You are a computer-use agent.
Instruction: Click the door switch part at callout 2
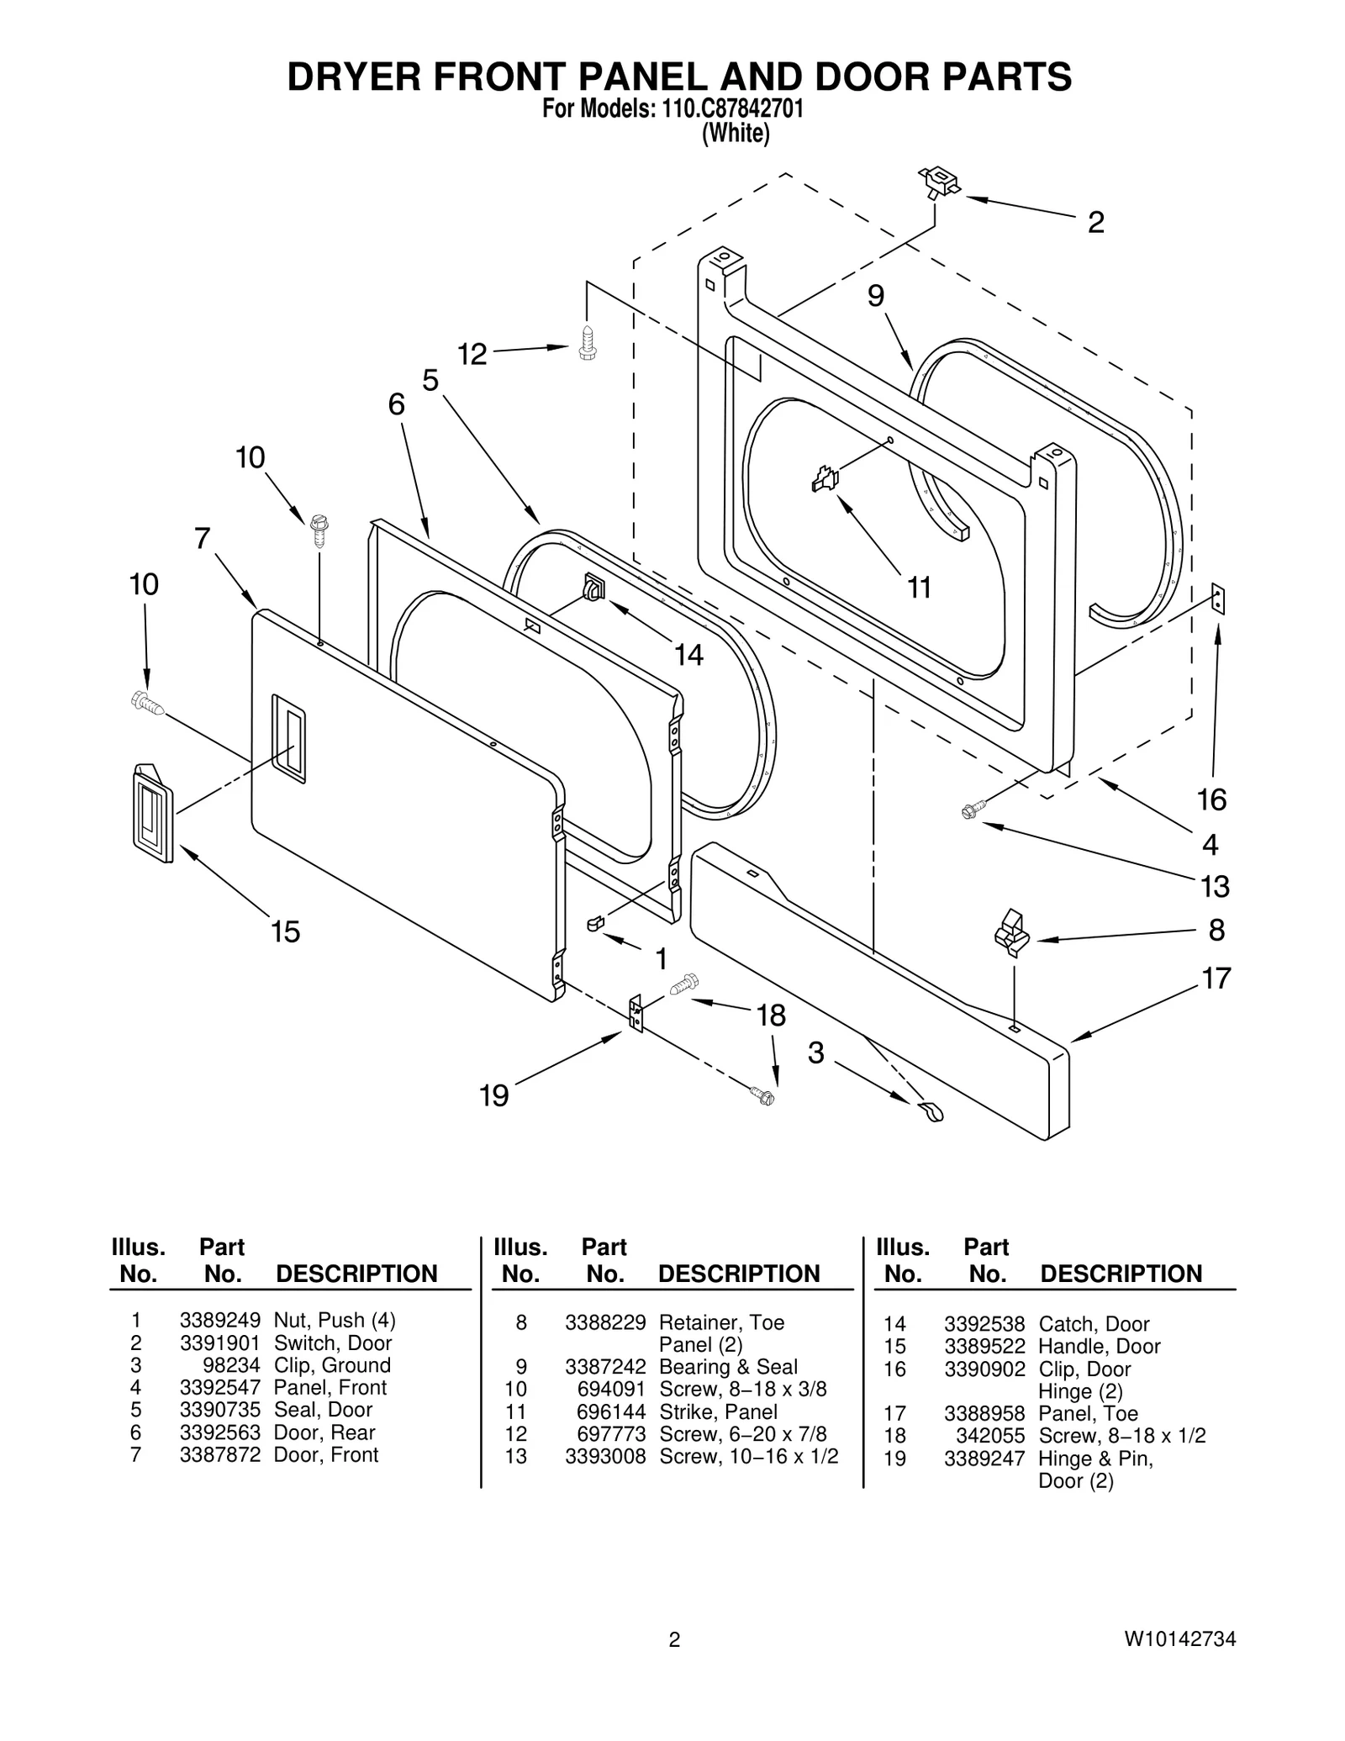940,181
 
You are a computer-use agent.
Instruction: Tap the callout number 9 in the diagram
876,296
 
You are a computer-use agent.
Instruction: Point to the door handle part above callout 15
152,813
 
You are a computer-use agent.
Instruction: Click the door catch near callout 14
593,586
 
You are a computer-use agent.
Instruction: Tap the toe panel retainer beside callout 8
1012,932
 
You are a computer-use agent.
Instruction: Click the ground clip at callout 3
931,1112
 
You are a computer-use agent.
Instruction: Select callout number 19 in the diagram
493,1095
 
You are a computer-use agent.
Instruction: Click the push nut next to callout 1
595,923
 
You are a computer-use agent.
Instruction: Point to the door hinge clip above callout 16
1218,600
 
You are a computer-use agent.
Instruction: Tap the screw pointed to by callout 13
971,811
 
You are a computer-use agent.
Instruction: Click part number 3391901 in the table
219,1343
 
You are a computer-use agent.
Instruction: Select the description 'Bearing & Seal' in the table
728,1367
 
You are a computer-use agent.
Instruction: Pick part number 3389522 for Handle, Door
984,1346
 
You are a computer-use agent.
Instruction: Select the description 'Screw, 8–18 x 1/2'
1121,1435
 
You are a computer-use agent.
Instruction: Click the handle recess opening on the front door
288,739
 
